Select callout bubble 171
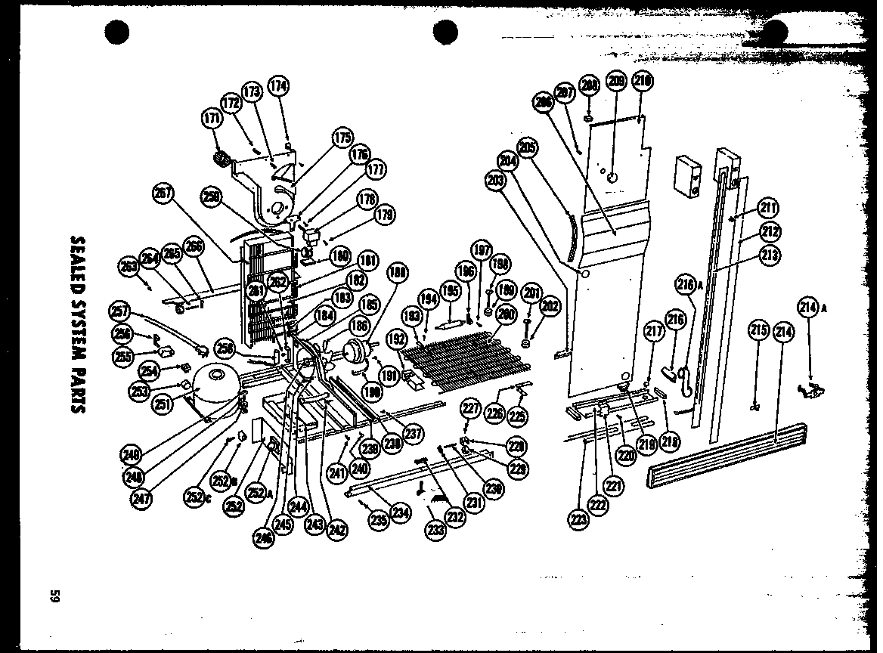click(x=212, y=119)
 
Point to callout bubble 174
click(x=278, y=86)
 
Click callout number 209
click(x=617, y=82)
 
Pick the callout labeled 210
click(x=642, y=82)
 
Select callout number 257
click(x=120, y=311)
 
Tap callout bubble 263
click(x=129, y=265)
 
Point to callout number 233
click(x=435, y=530)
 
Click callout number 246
click(x=264, y=538)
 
